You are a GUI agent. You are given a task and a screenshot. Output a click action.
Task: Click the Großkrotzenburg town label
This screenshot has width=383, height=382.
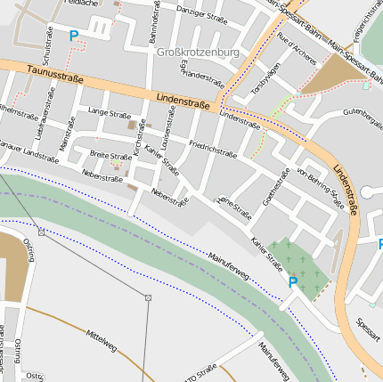198,53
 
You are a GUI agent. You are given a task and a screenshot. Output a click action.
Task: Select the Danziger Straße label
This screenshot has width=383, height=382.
202,13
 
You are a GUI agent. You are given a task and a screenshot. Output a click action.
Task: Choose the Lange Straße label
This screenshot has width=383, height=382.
109,113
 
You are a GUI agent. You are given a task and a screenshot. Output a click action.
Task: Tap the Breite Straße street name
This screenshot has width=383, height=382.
110,155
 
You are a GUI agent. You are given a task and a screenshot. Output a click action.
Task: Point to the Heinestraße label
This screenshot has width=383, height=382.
235,204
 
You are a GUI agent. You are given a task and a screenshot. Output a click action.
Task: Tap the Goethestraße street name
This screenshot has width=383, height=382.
281,187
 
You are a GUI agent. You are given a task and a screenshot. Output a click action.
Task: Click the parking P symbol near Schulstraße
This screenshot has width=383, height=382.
73,37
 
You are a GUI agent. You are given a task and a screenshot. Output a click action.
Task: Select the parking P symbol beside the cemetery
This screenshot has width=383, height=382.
293,282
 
